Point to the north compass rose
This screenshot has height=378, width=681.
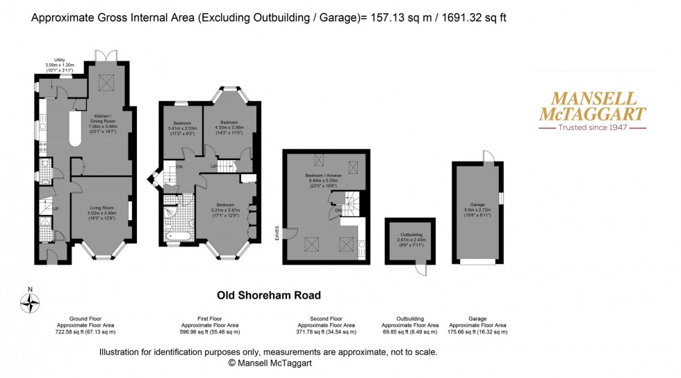click(x=30, y=302)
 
